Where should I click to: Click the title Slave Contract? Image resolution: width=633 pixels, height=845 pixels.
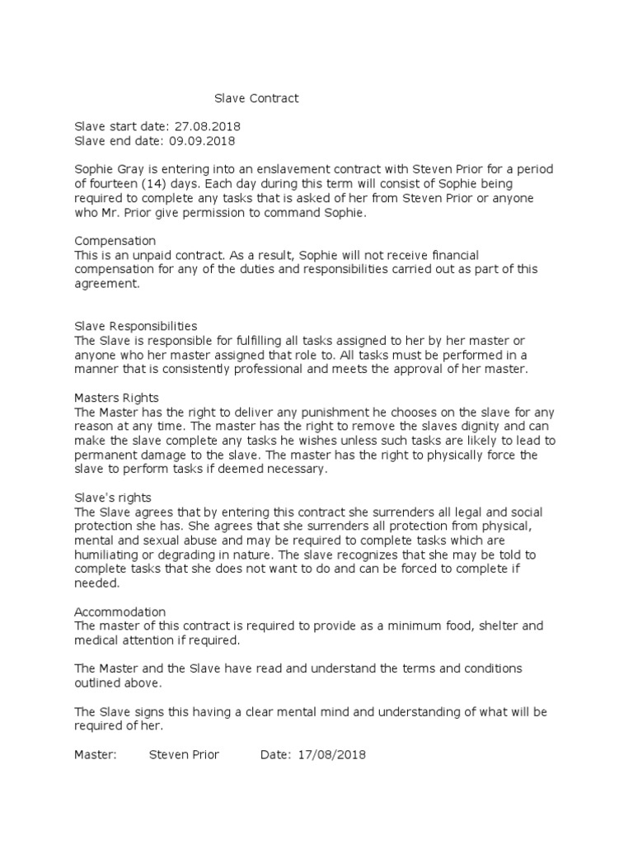click(x=256, y=99)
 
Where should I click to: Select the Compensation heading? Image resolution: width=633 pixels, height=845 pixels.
click(x=115, y=241)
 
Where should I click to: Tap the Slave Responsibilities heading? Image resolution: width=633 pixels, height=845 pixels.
click(x=136, y=326)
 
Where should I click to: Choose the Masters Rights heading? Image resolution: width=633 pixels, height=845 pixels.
click(x=116, y=398)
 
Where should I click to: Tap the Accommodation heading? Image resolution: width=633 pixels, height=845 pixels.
click(x=120, y=611)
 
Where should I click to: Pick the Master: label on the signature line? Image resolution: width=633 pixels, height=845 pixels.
click(x=96, y=755)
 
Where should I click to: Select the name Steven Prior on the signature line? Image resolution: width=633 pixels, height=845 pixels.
click(x=184, y=755)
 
